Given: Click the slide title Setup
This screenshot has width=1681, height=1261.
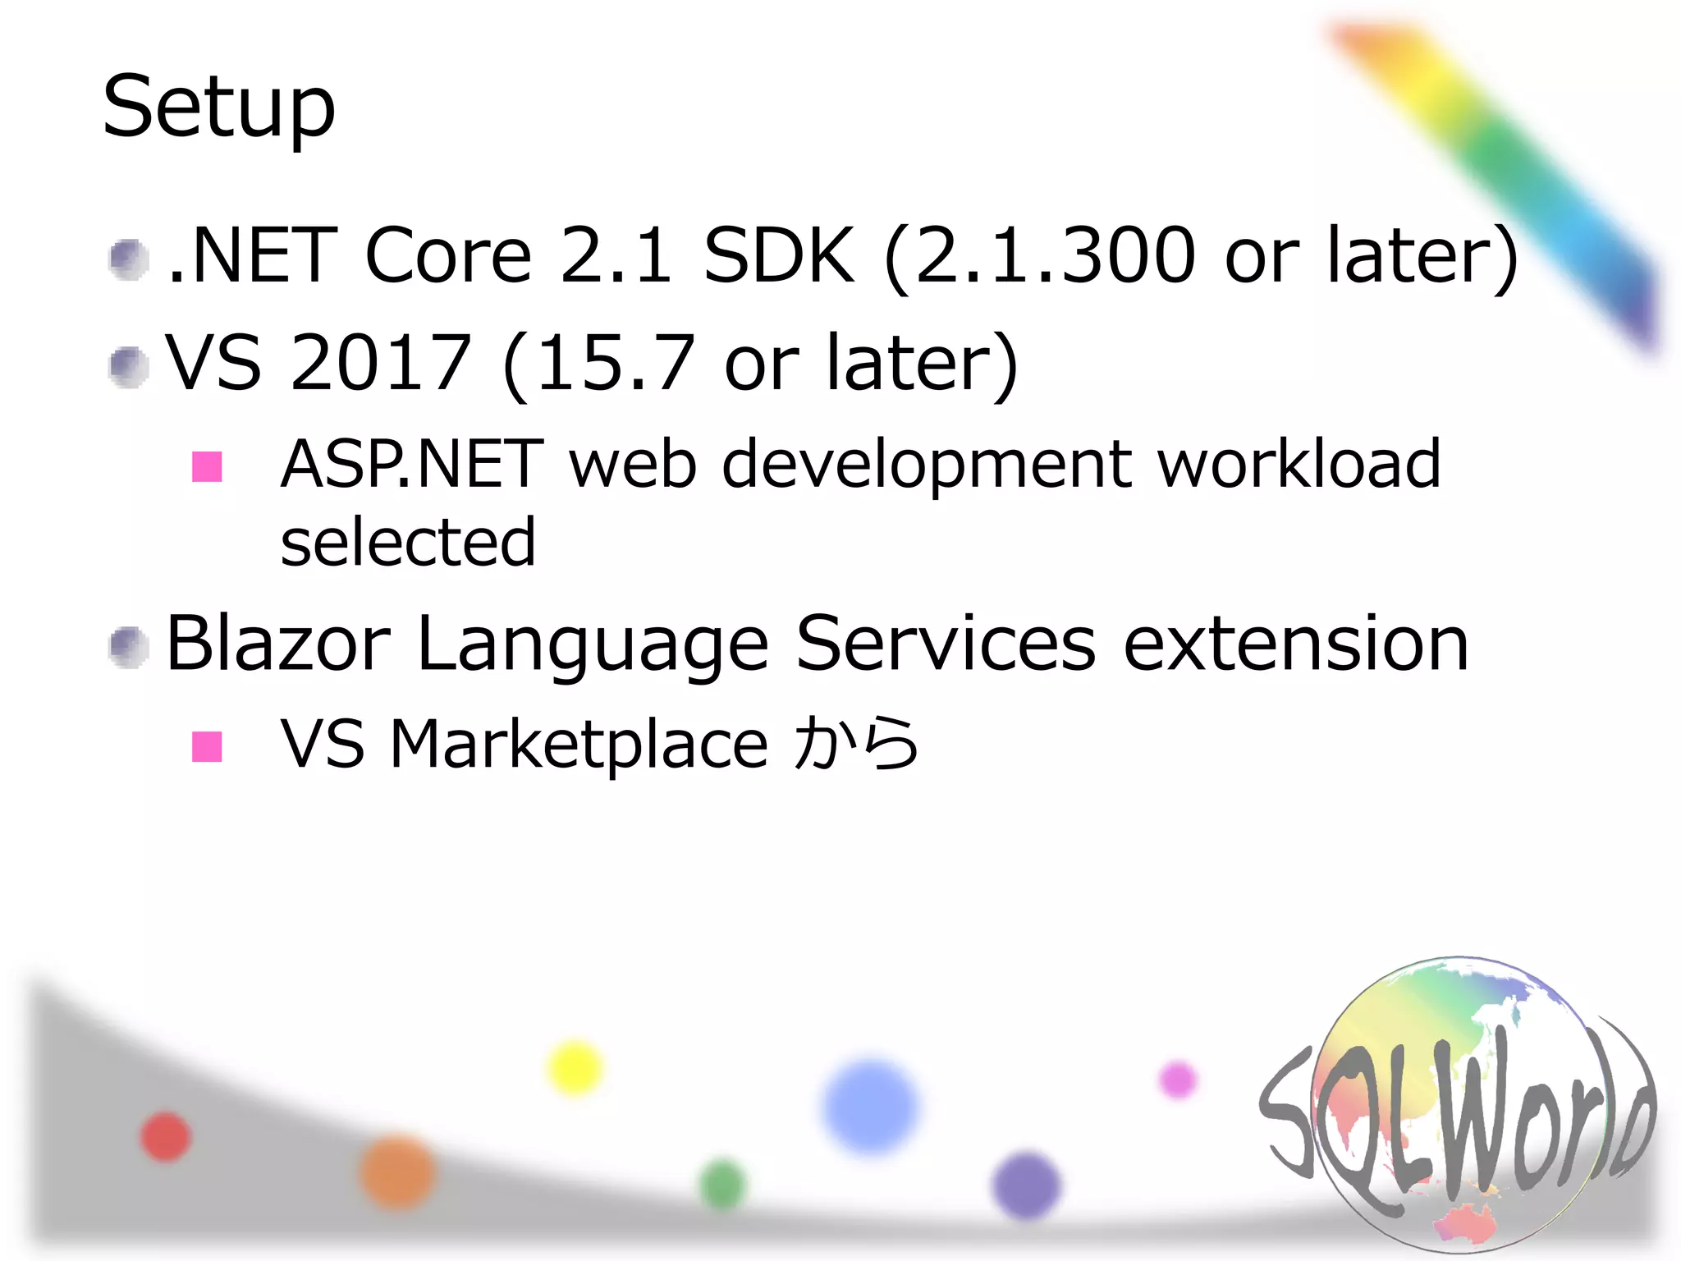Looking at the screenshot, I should (x=219, y=107).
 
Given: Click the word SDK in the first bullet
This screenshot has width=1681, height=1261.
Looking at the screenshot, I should (x=778, y=255).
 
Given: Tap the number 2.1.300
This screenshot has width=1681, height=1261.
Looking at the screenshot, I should (x=1055, y=255).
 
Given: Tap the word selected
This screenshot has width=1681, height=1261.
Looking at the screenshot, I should (x=408, y=542).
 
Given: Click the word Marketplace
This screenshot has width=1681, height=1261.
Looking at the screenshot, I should (x=579, y=744).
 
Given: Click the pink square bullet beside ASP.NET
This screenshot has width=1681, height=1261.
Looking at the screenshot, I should (x=207, y=466).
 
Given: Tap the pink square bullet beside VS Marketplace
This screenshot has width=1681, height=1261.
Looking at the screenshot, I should (x=207, y=746).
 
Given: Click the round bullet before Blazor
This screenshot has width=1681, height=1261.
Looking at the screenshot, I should (x=128, y=647).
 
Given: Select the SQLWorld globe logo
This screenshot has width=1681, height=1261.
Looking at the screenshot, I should (x=1458, y=1104).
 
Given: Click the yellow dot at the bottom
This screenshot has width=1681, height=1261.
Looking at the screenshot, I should (x=575, y=1067).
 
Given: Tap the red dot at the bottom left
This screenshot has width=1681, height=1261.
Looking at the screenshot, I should (x=166, y=1137).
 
